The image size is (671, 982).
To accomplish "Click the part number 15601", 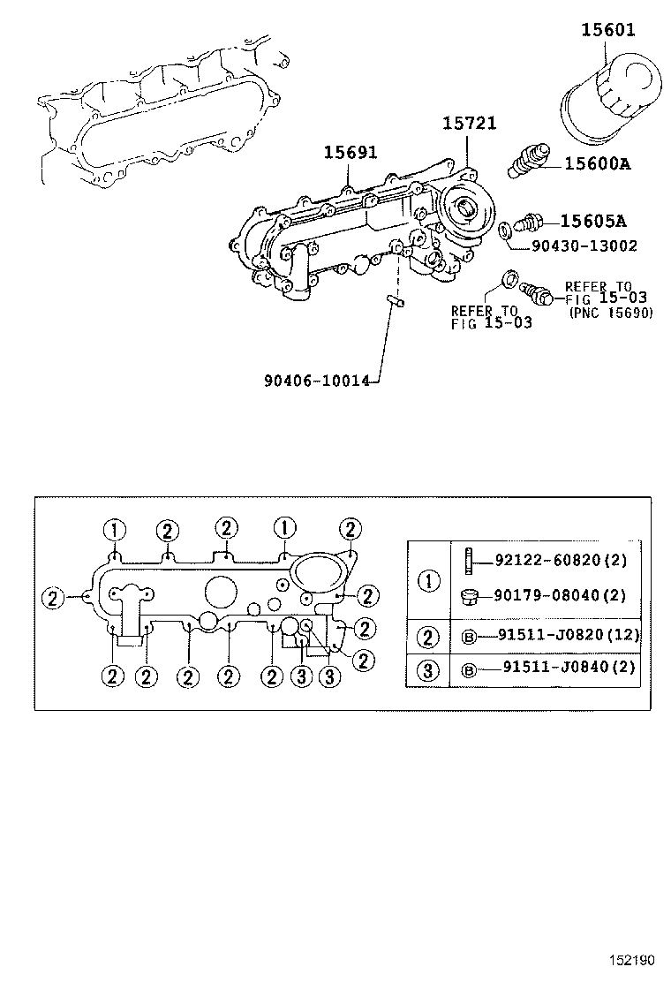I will (x=607, y=31).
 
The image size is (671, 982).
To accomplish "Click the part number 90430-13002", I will (x=584, y=245).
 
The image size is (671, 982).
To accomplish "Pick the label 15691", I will (x=350, y=152).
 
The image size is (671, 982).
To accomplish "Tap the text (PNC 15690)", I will (x=611, y=313).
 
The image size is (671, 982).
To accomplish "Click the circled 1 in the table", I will (x=428, y=580).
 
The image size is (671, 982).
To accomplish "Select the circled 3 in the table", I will (x=428, y=669).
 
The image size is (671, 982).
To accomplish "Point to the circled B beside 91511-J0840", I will (x=470, y=670).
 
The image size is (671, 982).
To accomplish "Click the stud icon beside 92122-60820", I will (x=470, y=559).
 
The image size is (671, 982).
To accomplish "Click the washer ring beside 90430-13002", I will (x=503, y=231).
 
